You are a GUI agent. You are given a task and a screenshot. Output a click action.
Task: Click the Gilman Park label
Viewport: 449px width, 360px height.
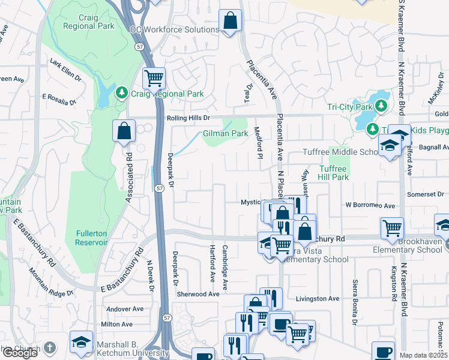coord(225,133)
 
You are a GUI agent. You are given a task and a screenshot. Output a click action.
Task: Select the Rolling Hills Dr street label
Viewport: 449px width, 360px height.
coord(188,118)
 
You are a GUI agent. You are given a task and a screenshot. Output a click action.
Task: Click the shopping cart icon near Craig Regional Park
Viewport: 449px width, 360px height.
coord(154,78)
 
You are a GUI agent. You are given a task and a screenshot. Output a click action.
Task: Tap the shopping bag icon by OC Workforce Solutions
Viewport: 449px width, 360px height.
coord(229,21)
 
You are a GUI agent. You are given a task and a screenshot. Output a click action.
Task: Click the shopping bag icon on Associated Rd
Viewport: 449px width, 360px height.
coord(124,131)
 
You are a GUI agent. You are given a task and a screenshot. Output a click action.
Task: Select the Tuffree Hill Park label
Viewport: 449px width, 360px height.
coord(334,173)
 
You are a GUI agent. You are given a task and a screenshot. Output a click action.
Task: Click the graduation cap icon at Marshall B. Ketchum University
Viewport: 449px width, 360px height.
coord(81,342)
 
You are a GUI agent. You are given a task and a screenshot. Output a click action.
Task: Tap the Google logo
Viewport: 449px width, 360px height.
coord(20,353)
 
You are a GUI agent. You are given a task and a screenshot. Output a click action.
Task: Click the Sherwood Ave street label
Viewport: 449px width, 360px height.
coord(197,294)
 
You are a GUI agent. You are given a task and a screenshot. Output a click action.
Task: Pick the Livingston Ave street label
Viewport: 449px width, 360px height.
coord(318,298)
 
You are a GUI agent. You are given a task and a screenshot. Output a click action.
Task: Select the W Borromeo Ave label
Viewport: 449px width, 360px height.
coord(370,205)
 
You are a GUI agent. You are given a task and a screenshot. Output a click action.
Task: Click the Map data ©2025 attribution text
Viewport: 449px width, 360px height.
coord(423,355)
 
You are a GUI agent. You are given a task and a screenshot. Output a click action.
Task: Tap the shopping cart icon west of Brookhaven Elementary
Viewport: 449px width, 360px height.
coord(391,228)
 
